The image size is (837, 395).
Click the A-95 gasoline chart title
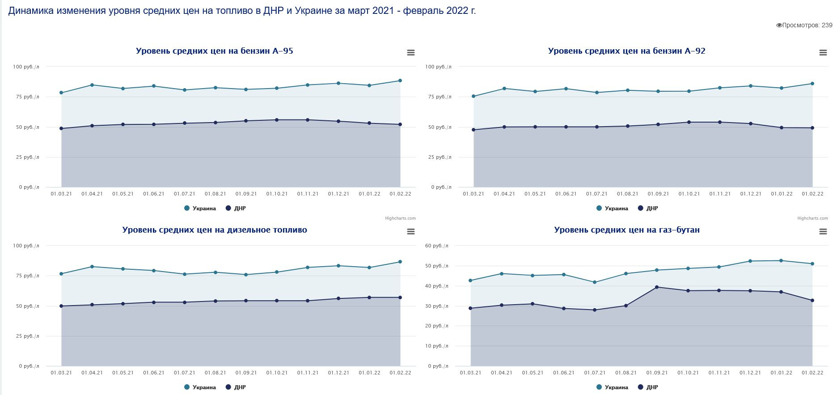coord(214,51)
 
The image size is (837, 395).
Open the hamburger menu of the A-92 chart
coord(823,53)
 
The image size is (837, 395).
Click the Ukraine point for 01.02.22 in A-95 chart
coord(400,81)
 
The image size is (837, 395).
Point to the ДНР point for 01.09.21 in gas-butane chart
coord(657,287)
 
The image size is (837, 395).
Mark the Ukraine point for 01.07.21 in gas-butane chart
coord(595,282)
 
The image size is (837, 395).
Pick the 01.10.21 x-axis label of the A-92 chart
coord(689,194)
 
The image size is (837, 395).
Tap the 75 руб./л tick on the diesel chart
coord(25,276)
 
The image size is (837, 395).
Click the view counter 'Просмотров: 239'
coord(804,25)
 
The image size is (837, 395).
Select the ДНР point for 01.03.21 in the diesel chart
coord(61,306)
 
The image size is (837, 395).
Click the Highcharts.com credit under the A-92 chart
coord(812,218)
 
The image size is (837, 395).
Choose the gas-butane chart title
coord(626,230)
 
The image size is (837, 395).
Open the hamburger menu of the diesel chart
coord(411,232)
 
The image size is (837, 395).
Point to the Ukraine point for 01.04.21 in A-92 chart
coord(504,89)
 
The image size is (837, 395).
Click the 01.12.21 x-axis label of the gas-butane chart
coord(750,373)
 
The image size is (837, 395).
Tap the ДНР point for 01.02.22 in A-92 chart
coord(812,128)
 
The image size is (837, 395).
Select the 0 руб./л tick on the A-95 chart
coord(29,187)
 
